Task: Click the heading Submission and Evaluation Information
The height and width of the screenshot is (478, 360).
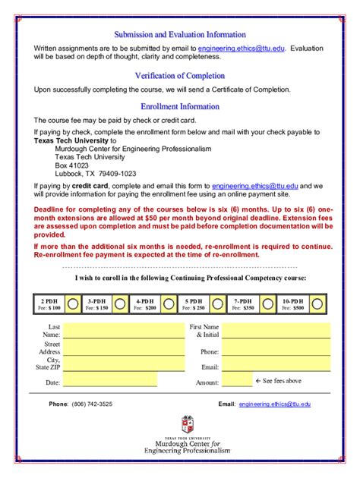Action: pyautogui.click(x=180, y=34)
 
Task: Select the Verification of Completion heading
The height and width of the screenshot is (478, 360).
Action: pyautogui.click(x=180, y=75)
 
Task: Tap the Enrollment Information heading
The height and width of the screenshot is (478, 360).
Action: pyautogui.click(x=180, y=106)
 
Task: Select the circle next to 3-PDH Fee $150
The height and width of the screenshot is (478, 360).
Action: pyautogui.click(x=120, y=303)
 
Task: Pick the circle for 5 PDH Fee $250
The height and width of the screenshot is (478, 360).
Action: pyautogui.click(x=217, y=303)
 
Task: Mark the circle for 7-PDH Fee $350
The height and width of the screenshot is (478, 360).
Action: pyautogui.click(x=267, y=303)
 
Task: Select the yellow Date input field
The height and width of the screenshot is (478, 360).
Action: pyautogui.click(x=111, y=382)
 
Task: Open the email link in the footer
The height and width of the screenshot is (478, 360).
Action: pyautogui.click(x=274, y=404)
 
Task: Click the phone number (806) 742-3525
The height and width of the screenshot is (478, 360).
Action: pyautogui.click(x=92, y=404)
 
